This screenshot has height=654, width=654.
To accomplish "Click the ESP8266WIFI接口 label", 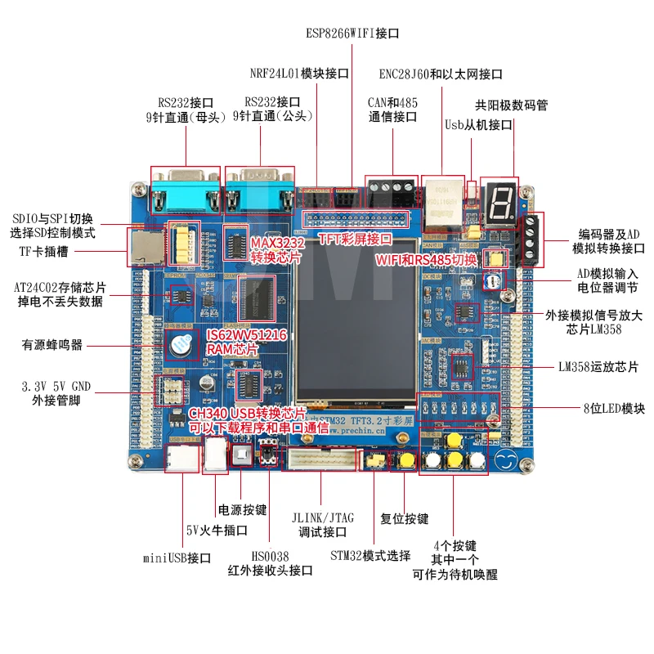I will click(352, 34).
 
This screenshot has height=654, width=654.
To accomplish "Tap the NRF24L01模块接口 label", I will click(299, 74).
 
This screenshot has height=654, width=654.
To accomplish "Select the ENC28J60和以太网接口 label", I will click(441, 74).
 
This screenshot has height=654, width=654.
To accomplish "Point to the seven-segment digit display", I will click(498, 200).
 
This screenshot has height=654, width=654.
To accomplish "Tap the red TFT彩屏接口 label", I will click(355, 240).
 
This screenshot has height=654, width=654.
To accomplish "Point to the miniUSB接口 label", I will click(177, 558).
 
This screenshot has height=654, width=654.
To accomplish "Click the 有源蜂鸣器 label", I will click(53, 344).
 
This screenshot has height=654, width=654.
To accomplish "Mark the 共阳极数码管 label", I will click(511, 105).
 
